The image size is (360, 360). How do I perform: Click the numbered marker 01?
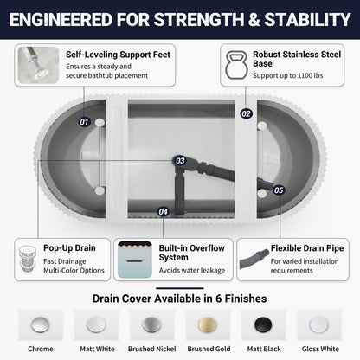coord(84,122)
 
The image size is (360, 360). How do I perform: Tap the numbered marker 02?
coord(246,113)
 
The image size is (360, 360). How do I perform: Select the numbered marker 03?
coord(180,161)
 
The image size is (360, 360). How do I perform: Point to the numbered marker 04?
coord(163,212)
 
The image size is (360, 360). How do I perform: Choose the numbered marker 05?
coord(279,190)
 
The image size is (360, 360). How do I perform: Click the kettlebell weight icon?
coord(236,65)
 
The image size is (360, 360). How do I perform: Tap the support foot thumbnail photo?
coord(39,65)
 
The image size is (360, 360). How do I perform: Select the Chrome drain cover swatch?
coord(40,325)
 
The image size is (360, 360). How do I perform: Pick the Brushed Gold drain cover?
coord(208,325)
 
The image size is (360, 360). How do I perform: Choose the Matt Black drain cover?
coord(263,325)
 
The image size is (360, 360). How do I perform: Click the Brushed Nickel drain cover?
coord(151,325)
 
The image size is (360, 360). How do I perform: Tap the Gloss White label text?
coord(320,349)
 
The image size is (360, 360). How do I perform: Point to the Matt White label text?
coord(97,349)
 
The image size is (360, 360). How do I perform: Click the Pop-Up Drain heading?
coord(69,248)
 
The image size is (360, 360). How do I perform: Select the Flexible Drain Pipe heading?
coord(307,248)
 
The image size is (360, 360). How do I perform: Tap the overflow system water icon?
coord(135,260)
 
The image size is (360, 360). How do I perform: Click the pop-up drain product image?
coord(28,259)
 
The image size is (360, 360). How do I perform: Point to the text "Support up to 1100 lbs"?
coord(288,75)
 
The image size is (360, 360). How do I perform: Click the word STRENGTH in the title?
coord(199,20)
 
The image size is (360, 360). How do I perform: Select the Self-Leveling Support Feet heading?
coord(118,55)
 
